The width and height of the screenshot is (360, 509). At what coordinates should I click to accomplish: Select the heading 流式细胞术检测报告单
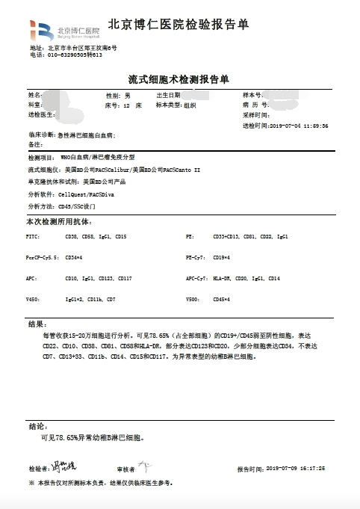[179, 78]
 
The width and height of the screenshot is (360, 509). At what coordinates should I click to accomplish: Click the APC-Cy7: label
[197, 278]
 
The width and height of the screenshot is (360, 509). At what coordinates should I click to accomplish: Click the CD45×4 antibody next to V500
[222, 299]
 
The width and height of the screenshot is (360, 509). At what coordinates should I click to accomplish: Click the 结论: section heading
[37, 426]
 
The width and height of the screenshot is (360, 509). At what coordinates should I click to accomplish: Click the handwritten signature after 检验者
[62, 467]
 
